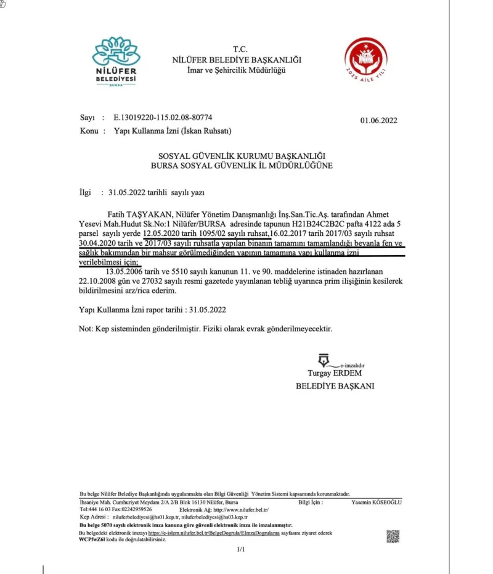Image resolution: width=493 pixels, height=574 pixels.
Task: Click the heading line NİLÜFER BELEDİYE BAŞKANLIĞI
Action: tap(237, 60)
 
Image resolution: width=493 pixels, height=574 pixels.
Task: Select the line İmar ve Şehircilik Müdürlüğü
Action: tap(237, 71)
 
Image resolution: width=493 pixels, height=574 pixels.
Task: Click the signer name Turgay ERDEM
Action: tap(335, 373)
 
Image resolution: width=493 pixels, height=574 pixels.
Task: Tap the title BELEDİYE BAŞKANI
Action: tap(335, 386)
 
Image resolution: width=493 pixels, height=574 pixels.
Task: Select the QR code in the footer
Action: tap(393, 536)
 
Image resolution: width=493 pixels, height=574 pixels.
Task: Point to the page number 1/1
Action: tap(241, 549)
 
